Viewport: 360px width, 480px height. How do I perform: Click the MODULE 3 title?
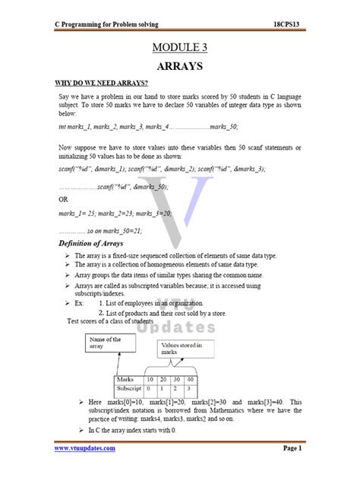tap(179, 48)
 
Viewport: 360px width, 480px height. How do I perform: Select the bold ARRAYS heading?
tap(179, 66)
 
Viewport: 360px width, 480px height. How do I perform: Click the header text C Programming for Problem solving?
tap(106, 24)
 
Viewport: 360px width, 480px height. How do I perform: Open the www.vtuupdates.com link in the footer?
tap(84, 448)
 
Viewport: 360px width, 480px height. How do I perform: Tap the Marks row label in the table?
tap(125, 379)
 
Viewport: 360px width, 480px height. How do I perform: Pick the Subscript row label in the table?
tap(130, 388)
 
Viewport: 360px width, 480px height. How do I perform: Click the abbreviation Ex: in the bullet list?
tap(80, 302)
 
